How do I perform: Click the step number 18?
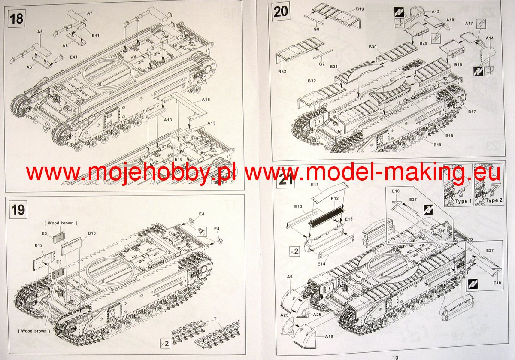[16, 18]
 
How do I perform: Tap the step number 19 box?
[18, 209]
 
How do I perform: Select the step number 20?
[281, 12]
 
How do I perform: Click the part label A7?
[90, 13]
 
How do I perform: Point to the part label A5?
[40, 32]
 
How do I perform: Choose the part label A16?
[206, 100]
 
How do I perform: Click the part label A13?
[168, 120]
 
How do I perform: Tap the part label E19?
[179, 159]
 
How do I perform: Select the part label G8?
[316, 29]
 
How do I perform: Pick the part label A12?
[436, 12]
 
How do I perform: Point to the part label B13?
[91, 233]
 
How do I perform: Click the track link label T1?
[216, 319]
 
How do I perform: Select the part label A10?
[329, 336]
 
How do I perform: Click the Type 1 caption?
[463, 201]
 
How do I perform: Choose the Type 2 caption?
[494, 200]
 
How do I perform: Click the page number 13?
[395, 358]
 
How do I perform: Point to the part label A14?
[490, 38]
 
